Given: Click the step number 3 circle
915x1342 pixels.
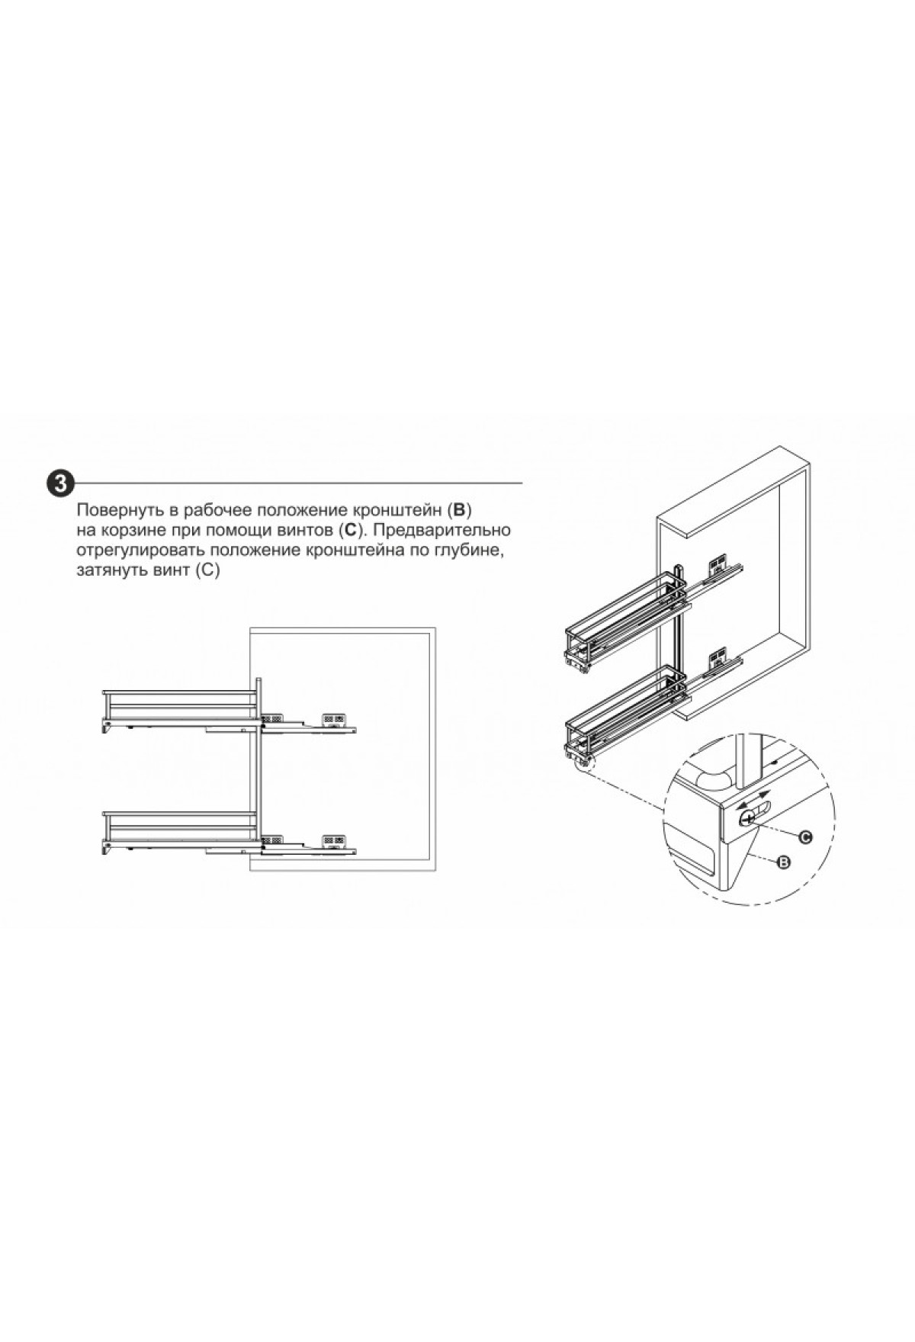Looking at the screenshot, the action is (61, 483).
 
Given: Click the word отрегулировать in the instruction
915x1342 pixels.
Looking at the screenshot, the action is (140, 551).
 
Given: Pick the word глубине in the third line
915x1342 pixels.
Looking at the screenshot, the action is (469, 551).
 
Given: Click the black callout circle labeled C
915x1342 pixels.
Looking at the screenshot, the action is (805, 836).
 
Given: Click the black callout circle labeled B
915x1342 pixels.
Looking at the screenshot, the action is (782, 862).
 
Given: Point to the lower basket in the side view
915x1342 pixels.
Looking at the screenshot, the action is (180, 833).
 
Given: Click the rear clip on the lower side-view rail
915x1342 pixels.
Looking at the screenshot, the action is (334, 841).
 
